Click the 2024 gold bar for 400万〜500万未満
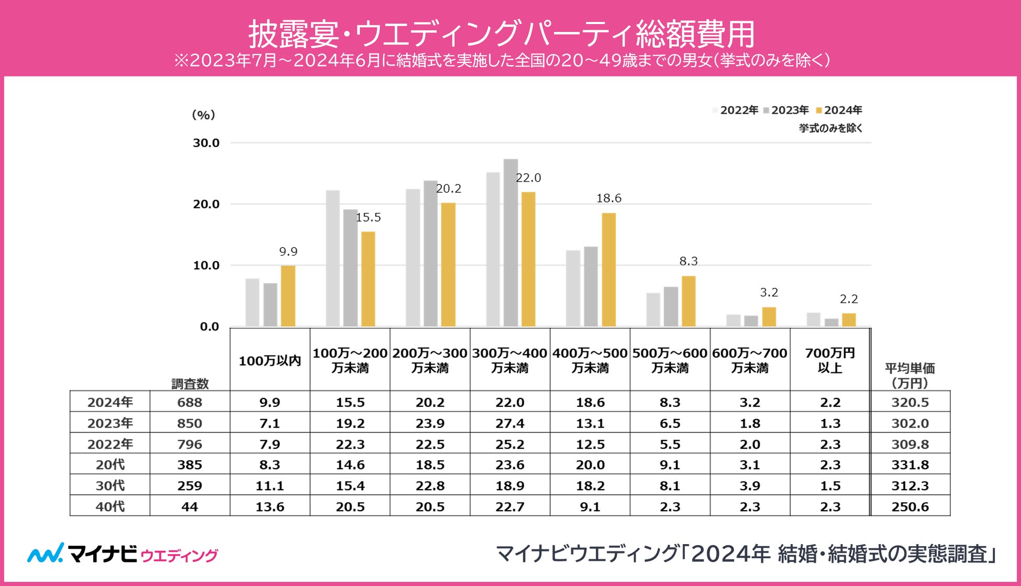point(608,270)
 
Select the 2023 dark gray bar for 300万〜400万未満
point(511,242)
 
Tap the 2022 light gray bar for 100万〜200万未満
point(332,258)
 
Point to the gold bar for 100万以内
point(288,296)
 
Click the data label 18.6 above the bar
point(608,198)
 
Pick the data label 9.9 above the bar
point(288,252)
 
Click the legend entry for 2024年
point(839,110)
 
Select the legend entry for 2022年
point(736,110)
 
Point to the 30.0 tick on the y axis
point(206,143)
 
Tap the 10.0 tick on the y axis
point(206,266)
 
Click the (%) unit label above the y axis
point(204,115)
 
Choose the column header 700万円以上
point(830,360)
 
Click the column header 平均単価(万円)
point(910,375)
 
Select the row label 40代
point(110,506)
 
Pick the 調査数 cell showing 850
point(190,423)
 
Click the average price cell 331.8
point(910,465)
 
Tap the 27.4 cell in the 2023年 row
point(510,423)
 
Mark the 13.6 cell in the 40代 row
point(270,506)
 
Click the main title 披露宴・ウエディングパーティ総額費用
point(501,34)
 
